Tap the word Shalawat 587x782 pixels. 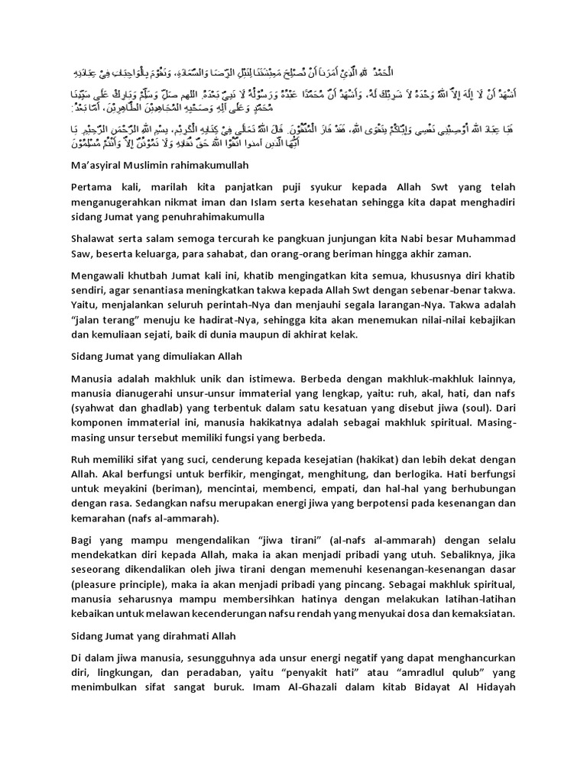click(x=97, y=241)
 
